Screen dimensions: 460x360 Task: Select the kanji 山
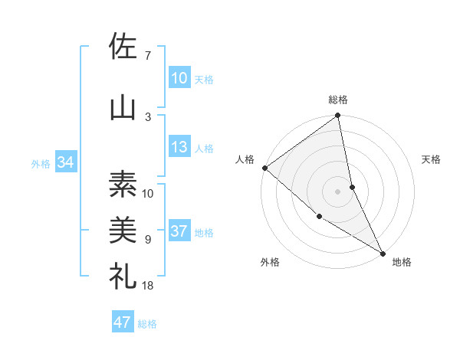[x=123, y=106]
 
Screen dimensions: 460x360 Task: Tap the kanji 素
[x=123, y=184]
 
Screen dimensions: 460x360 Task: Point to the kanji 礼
[x=123, y=276]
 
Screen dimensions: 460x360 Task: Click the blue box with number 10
[x=179, y=78]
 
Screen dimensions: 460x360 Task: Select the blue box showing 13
[x=179, y=147]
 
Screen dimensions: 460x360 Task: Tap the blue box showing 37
[x=179, y=231]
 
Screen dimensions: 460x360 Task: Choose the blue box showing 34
[x=65, y=162]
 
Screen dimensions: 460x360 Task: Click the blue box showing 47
[x=122, y=322]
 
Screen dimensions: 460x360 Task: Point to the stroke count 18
[x=149, y=285]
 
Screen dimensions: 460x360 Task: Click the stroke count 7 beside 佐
[x=147, y=55]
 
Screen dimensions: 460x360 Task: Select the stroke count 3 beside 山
[x=147, y=116]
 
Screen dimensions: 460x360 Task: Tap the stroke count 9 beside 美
[x=147, y=239]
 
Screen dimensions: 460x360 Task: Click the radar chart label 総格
[x=338, y=100]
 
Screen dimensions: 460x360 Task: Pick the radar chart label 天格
[x=431, y=159]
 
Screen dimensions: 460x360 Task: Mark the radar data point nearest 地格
[x=383, y=252]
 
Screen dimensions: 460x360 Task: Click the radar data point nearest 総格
[x=338, y=116]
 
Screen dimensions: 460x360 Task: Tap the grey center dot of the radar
[x=338, y=191]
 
